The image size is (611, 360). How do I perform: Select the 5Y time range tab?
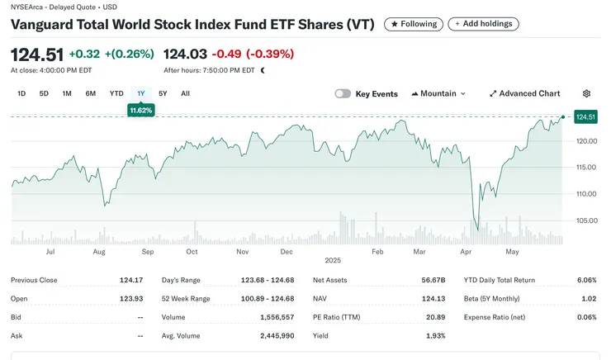point(163,93)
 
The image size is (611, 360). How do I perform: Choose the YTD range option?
point(116,93)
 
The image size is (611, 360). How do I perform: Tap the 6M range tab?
point(90,93)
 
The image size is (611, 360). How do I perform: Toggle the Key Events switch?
point(343,94)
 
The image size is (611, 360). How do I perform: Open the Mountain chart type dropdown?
point(438,94)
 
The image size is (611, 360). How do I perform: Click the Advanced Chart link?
point(524,94)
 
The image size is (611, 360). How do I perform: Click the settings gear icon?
point(586,94)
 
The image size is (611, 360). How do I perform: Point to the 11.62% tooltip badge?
point(141,110)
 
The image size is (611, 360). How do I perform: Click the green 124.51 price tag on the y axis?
point(585,117)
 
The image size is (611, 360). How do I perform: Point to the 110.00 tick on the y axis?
point(585,194)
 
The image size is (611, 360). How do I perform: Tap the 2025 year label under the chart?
point(332,260)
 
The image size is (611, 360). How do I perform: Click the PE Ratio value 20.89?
point(434,317)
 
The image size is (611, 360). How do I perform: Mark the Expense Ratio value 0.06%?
point(586,317)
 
